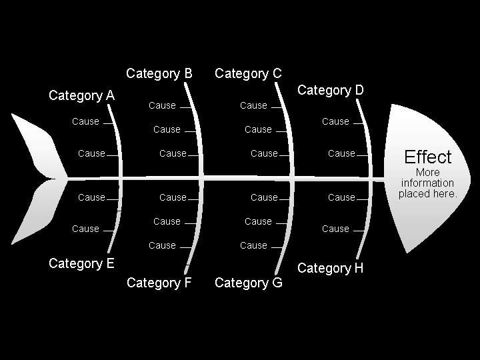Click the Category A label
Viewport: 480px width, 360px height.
pos(82,95)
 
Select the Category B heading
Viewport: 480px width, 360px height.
pos(159,73)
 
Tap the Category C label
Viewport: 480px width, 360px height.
pos(248,73)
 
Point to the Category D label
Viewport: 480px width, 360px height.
pos(331,90)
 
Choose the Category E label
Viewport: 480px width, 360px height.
pos(82,263)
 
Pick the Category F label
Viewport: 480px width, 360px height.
pos(159,283)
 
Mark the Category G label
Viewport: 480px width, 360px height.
pos(248,283)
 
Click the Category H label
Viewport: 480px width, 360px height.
pos(331,268)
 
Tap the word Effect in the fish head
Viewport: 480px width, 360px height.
pos(428,157)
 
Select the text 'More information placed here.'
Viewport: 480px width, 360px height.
pos(428,183)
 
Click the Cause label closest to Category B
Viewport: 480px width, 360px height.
pos(162,105)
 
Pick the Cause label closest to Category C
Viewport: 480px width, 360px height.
pos(253,105)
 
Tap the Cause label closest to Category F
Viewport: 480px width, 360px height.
pos(162,245)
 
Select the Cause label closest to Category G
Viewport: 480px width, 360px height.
pos(253,245)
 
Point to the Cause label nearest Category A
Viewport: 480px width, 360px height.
pos(85,121)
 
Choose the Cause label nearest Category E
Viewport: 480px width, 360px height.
pos(85,229)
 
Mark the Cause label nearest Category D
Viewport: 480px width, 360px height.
pos(335,121)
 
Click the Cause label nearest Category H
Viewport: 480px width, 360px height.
pos(335,229)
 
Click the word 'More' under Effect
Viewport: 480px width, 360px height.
pos(427,172)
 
